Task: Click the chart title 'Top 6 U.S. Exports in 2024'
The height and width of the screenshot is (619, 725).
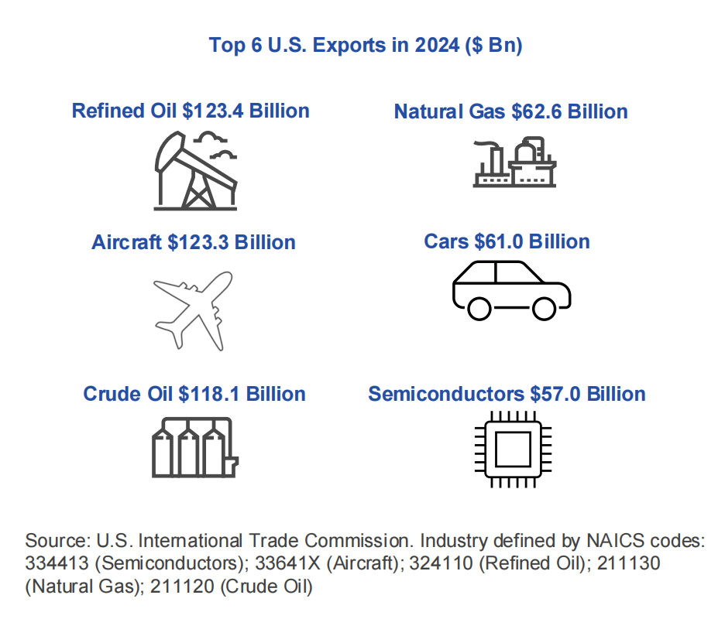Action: tap(366, 45)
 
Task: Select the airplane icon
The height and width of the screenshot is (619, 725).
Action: tap(194, 309)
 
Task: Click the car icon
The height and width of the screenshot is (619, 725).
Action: tap(511, 289)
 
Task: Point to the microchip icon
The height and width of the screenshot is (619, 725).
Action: tap(511, 449)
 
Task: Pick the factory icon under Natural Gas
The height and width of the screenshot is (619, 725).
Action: tap(514, 162)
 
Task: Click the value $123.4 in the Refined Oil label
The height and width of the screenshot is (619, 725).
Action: tap(214, 111)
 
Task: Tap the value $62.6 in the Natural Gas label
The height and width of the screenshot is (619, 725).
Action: tap(537, 111)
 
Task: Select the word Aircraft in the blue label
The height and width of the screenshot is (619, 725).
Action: tap(126, 242)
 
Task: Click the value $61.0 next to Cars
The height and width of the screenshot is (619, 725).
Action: tap(496, 241)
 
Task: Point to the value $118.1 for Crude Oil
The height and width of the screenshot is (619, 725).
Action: tap(210, 394)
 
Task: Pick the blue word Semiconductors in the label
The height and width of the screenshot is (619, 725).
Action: tap(446, 394)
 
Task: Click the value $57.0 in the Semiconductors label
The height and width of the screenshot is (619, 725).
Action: tap(555, 394)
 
